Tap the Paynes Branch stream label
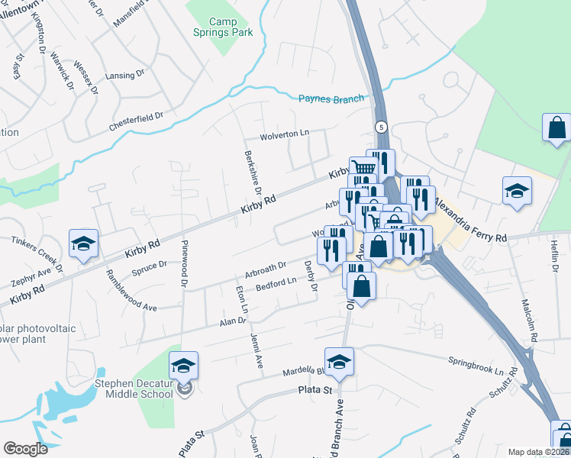pos(331,98)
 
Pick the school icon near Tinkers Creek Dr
pos(83,244)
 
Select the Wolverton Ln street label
pos(284,134)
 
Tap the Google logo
pos(25,449)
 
